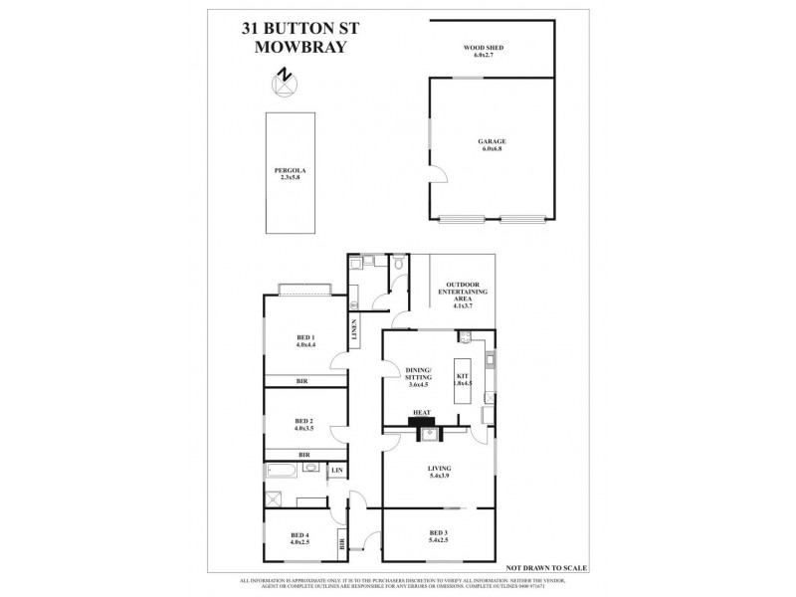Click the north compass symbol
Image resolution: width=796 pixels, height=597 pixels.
coord(287,78)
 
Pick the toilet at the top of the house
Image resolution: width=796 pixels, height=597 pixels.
coord(397,265)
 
